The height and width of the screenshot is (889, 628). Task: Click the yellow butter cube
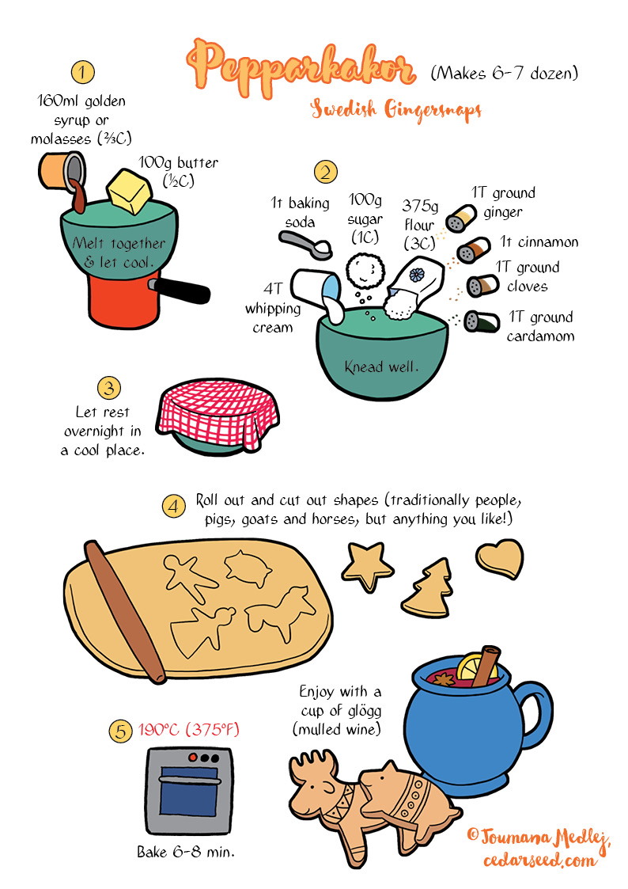pos(130,191)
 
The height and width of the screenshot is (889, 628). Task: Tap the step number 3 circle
pos(108,389)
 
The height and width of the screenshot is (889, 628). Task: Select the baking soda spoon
pos(305,245)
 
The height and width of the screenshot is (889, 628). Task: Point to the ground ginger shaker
pos(460,218)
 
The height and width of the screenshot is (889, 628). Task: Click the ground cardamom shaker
pos(482,321)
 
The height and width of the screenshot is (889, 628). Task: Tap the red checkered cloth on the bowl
pos(218,412)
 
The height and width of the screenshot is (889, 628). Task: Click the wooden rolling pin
pos(124,610)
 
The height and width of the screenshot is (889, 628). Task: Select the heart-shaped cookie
pos(500,558)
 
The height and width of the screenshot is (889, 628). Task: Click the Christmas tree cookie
pos(429,590)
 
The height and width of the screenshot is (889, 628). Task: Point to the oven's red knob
pos(193,758)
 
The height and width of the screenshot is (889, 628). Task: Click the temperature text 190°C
pos(158,729)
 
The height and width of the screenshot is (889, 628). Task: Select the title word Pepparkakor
pos(301,67)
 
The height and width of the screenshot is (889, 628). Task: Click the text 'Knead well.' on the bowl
pos(382,367)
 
